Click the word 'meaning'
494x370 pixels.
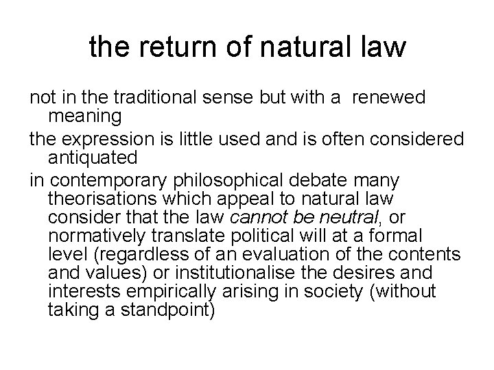(x=85, y=116)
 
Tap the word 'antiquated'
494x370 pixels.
(x=93, y=158)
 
